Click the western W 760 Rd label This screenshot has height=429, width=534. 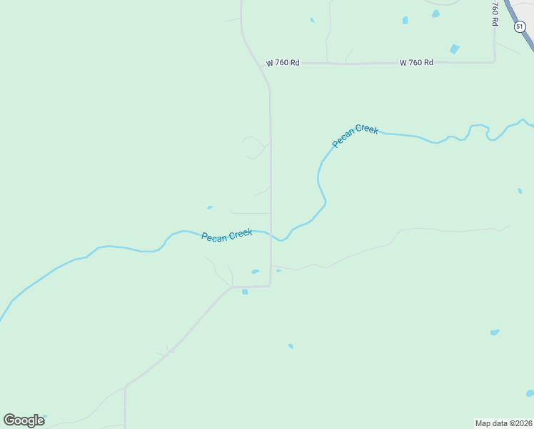(283, 63)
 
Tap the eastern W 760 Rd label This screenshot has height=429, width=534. (416, 63)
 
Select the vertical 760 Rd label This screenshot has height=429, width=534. (494, 14)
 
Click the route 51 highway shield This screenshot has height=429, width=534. (519, 26)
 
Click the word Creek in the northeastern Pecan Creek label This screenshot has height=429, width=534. (365, 131)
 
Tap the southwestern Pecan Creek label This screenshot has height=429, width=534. (226, 236)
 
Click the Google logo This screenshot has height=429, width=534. (24, 420)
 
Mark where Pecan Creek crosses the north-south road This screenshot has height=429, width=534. (271, 232)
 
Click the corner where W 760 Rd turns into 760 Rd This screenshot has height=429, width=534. (494, 61)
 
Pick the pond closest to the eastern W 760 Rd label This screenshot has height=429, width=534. (454, 49)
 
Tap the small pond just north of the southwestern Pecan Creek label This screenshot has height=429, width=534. (209, 208)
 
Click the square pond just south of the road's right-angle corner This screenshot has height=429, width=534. (245, 292)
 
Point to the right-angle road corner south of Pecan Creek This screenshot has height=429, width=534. (270, 286)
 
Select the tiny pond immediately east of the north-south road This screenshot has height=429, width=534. (278, 271)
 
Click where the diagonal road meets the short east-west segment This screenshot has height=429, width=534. (233, 287)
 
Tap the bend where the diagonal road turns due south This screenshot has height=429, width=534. (126, 387)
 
